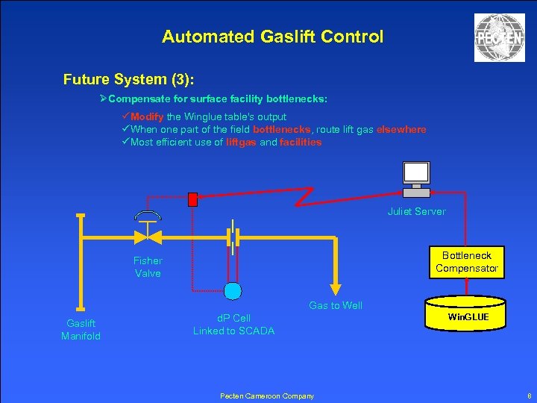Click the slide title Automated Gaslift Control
[x=272, y=36]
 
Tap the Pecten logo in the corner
[x=499, y=38]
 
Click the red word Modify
[x=147, y=117]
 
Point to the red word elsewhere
[x=401, y=130]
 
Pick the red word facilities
[x=301, y=143]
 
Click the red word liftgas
[x=241, y=143]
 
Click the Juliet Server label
[x=416, y=212]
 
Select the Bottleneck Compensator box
[x=466, y=262]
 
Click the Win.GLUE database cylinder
[x=468, y=316]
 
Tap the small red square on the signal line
[x=193, y=199]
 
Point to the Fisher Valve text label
[x=148, y=267]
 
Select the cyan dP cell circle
[x=233, y=290]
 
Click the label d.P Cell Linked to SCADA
[x=233, y=325]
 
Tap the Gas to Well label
[x=336, y=305]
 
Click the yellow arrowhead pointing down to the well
[x=336, y=290]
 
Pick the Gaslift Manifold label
[x=81, y=330]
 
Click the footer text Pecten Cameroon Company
[x=267, y=396]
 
